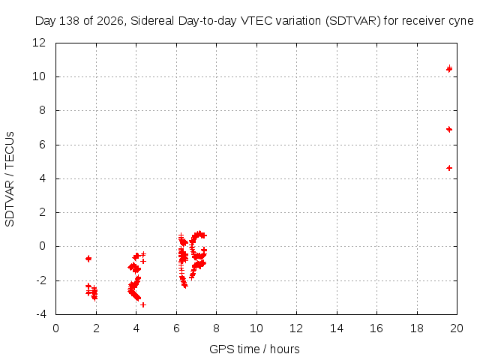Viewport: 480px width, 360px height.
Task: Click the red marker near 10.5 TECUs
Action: [x=449, y=69]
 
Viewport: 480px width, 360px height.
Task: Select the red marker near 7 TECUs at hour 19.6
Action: [x=449, y=129]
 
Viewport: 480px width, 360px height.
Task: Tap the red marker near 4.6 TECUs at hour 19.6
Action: [x=449, y=168]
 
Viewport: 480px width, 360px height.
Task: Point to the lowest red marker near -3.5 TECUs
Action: [x=143, y=305]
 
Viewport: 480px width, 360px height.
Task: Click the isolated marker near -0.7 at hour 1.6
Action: [x=88, y=259]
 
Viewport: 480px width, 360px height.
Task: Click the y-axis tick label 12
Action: [x=39, y=43]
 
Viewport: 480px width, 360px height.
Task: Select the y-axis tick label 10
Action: [x=39, y=76]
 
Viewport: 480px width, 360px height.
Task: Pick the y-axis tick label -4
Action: [x=41, y=314]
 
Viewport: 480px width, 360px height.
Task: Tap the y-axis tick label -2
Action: [x=41, y=280]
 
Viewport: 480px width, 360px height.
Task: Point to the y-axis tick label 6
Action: [x=42, y=145]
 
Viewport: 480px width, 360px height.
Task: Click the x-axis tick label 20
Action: [x=457, y=328]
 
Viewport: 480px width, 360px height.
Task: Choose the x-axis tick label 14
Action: [x=337, y=328]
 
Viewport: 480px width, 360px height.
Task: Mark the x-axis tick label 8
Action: [x=216, y=328]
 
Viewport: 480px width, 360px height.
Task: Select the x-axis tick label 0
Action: [x=55, y=328]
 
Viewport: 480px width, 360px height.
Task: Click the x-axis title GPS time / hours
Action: [x=254, y=349]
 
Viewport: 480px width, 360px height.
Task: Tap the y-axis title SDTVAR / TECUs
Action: [x=10, y=179]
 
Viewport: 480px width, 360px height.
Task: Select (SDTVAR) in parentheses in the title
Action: [x=353, y=21]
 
